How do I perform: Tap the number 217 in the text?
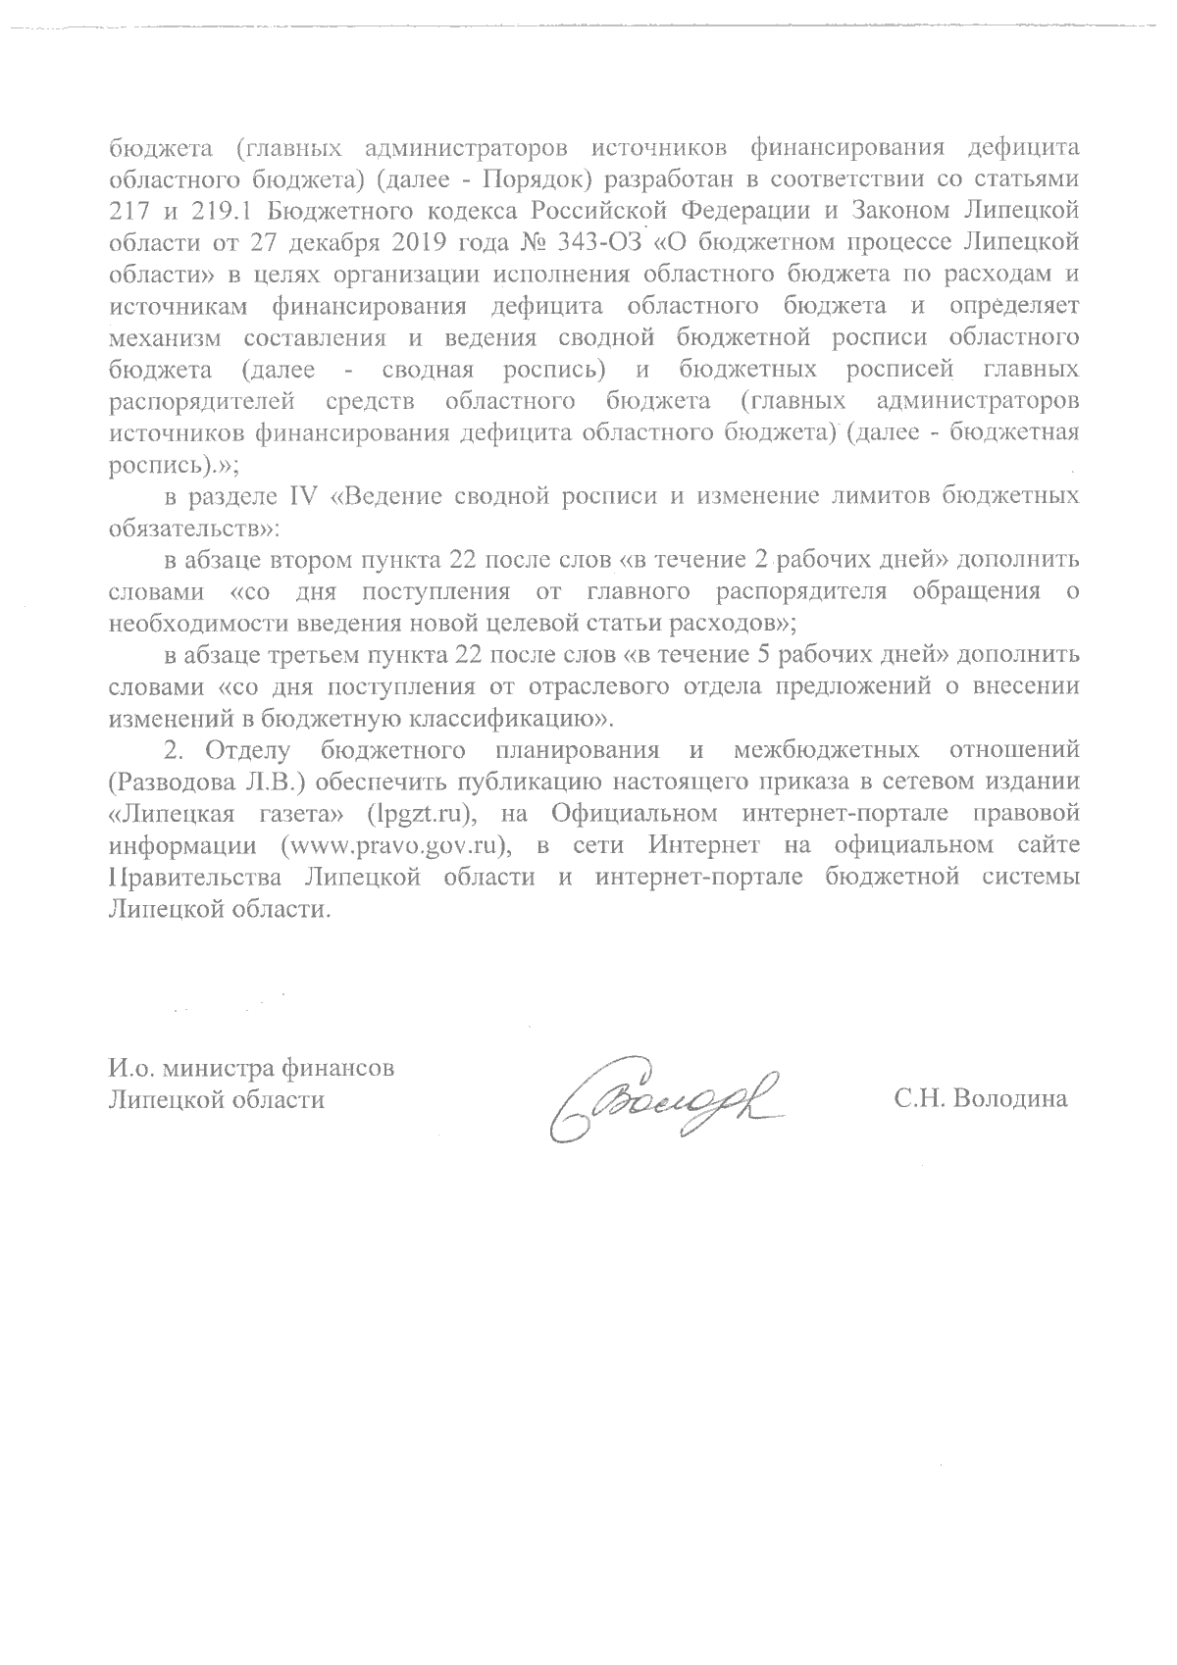pyautogui.click(x=127, y=210)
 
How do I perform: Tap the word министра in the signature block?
pyautogui.click(x=221, y=1067)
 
